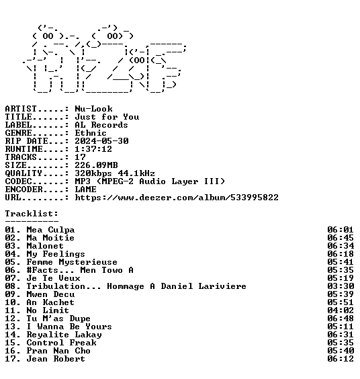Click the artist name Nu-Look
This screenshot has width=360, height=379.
(x=93, y=109)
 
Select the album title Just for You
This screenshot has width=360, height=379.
(x=107, y=117)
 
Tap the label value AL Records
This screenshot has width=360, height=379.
(x=101, y=125)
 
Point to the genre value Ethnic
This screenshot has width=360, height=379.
(x=91, y=133)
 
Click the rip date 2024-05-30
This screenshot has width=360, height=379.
(x=101, y=141)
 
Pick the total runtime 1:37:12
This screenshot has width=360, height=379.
(x=93, y=149)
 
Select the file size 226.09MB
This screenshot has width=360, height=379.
(x=96, y=165)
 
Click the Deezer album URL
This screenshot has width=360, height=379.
(x=177, y=198)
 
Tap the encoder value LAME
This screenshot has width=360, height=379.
(x=85, y=189)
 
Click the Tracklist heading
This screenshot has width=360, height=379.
(x=32, y=214)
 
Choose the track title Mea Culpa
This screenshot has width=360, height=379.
(x=50, y=230)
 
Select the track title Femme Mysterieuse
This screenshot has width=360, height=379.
(x=72, y=262)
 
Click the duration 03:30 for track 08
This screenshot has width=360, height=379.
(x=341, y=286)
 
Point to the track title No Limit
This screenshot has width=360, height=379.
(x=48, y=310)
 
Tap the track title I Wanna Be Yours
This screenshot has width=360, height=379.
(x=69, y=327)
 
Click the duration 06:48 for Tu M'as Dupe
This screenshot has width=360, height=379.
(x=341, y=319)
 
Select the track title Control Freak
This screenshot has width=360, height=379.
(x=61, y=343)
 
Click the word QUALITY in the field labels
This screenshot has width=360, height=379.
(x=24, y=173)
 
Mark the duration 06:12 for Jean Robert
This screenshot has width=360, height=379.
(x=341, y=359)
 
